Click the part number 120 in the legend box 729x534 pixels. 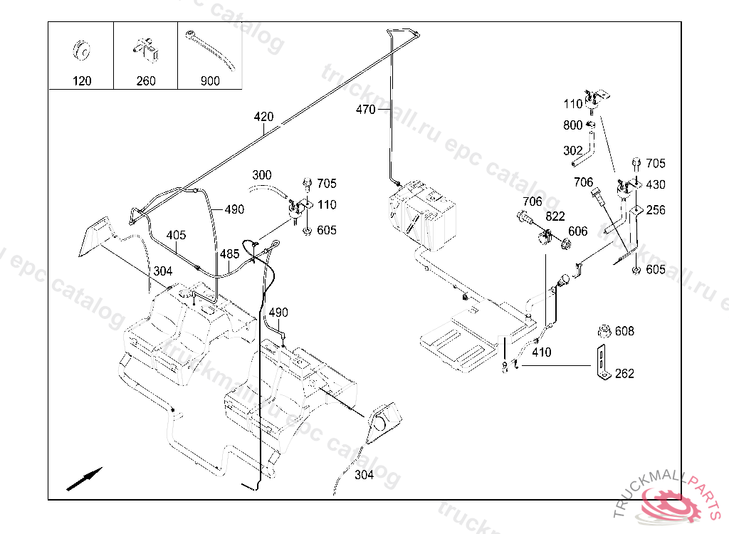82,81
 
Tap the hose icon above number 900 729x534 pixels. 210,49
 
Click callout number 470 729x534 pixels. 365,109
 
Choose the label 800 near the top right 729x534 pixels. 573,125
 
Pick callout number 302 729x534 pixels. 573,151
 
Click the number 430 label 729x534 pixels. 656,184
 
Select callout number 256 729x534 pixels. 656,210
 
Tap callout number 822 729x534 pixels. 556,216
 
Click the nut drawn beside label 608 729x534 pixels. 604,331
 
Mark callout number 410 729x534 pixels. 541,352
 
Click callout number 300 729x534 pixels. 262,174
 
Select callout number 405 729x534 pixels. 177,236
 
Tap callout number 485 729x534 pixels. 229,253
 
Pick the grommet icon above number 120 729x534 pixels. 83,51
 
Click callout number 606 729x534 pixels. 578,231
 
